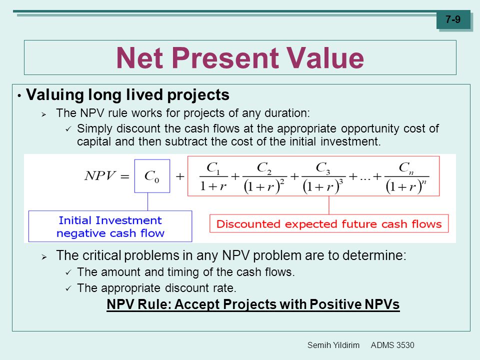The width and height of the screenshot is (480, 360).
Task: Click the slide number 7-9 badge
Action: pyautogui.click(x=453, y=19)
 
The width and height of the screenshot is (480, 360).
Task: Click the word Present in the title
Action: pyautogui.click(x=225, y=57)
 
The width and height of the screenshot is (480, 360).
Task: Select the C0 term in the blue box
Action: pyautogui.click(x=152, y=176)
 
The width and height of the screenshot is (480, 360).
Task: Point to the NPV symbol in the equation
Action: pyautogui.click(x=100, y=175)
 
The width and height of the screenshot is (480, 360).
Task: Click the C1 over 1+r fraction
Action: pyautogui.click(x=213, y=176)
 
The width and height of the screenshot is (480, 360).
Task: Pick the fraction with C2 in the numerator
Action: pyautogui.click(x=264, y=177)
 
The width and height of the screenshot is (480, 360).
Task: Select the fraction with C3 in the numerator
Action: pyautogui.click(x=323, y=177)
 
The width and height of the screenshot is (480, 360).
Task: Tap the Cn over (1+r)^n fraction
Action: pyautogui.click(x=406, y=177)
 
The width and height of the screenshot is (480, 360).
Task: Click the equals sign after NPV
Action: pyautogui.click(x=124, y=176)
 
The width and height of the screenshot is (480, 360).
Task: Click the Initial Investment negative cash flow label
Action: pyautogui.click(x=110, y=226)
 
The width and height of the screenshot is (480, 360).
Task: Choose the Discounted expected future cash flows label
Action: pyautogui.click(x=329, y=224)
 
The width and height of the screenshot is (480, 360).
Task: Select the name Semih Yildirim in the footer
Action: pyautogui.click(x=333, y=345)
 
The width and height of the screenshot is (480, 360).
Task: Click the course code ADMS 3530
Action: pyautogui.click(x=392, y=345)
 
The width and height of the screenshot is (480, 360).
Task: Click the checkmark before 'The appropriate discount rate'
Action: pyautogui.click(x=68, y=288)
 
